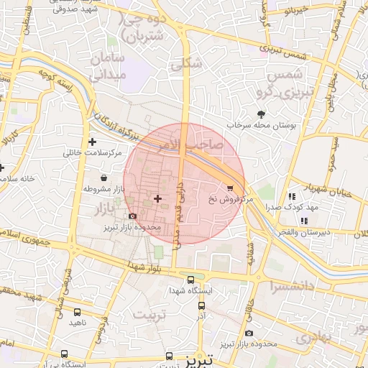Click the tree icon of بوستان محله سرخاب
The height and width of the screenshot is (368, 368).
click(260, 114)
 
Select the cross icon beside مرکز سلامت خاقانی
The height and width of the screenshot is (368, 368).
click(92, 142)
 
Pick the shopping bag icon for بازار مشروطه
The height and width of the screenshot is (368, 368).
click(104, 177)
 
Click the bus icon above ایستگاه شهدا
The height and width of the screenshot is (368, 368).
click(190, 280)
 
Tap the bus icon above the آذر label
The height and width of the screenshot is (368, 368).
click(201, 305)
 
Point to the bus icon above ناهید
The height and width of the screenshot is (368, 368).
click(77, 312)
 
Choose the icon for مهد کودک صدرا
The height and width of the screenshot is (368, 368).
click(291, 195)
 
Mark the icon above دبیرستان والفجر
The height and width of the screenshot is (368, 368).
click(304, 221)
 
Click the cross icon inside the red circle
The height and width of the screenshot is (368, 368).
click(157, 198)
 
